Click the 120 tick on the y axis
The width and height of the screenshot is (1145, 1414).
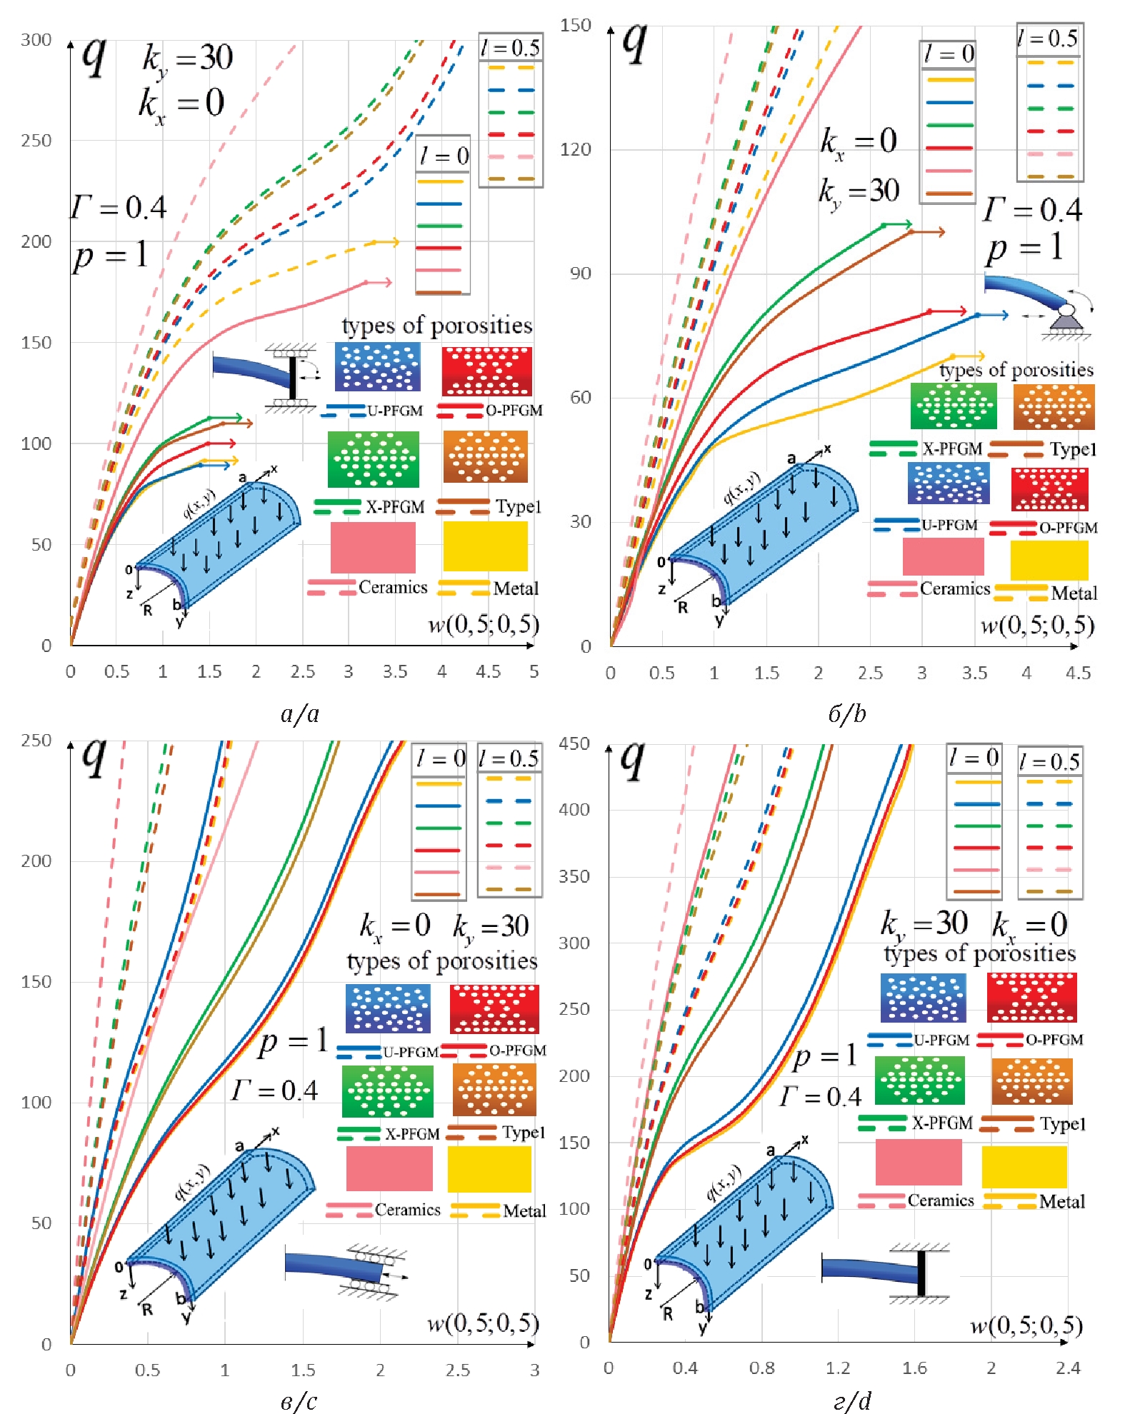575,149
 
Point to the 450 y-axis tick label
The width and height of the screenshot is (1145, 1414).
574,743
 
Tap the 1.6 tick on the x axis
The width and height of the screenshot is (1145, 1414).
914,1368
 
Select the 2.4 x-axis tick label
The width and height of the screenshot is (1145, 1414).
1068,1368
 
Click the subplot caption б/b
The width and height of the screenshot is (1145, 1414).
847,713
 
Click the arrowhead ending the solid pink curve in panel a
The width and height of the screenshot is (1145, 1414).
386,283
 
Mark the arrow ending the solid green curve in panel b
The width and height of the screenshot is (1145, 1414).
906,224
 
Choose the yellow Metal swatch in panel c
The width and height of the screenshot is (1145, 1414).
489,1169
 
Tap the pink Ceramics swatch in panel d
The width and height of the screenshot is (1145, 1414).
919,1162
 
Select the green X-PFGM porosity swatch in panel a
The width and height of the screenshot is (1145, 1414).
373,459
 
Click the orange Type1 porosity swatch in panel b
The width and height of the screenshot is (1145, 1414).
1054,407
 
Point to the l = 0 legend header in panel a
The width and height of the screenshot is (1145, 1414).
443,155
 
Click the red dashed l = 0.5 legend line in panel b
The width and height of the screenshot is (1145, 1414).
1050,131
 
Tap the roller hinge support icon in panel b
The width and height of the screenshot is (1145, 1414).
1066,319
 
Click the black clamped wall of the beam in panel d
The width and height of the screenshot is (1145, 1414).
921,1273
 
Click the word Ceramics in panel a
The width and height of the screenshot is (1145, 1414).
393,588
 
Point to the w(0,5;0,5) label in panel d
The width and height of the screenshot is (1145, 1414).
1026,1325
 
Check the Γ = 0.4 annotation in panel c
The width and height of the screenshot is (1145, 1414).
274,1090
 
